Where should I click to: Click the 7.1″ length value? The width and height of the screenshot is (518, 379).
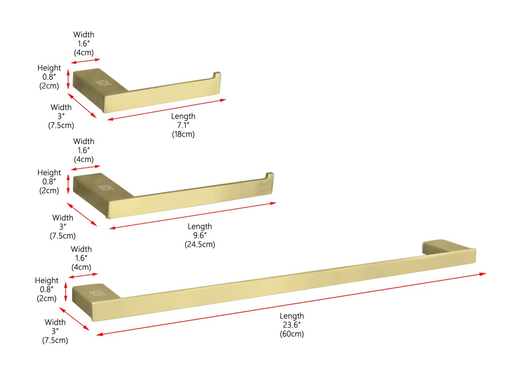183,125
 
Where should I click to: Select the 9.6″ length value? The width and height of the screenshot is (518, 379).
200,235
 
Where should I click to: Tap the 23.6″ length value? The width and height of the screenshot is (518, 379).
292,325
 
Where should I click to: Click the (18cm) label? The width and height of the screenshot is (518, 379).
183,134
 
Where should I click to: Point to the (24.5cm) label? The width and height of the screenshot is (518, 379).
200,244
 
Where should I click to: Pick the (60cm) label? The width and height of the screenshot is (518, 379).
292,334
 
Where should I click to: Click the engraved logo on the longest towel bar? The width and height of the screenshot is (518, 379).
97,294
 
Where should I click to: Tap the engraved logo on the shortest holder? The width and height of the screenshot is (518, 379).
103,83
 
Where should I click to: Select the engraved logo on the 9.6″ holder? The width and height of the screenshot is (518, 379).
105,187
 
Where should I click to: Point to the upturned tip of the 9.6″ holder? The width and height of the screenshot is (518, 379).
270,176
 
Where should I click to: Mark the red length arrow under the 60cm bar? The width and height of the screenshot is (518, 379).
291,304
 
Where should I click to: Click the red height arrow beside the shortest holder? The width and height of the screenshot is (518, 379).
68,79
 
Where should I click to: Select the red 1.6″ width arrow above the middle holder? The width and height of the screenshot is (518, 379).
85,167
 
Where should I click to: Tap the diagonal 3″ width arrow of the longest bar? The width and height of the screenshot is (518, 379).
74,319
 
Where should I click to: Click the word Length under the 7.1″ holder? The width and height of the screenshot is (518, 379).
183,116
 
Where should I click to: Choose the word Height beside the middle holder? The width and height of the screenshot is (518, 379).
49,173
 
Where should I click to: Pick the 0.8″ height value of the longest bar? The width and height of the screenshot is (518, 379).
47,289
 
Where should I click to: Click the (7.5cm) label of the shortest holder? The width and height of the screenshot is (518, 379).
61,125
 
